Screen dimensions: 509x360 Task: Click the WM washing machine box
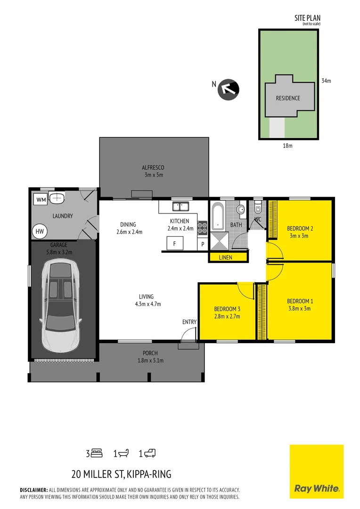(x=41, y=200)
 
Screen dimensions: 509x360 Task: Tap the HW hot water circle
(x=39, y=231)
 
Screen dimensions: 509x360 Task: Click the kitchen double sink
(x=180, y=206)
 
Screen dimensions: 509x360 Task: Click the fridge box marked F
(x=175, y=244)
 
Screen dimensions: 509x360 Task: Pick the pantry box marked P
(x=203, y=244)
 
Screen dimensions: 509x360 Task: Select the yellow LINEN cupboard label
(x=229, y=257)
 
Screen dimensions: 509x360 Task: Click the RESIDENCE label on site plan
(x=288, y=98)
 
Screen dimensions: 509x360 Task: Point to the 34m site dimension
(x=326, y=81)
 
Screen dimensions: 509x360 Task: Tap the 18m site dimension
(x=287, y=146)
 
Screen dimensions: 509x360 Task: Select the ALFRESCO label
(x=153, y=167)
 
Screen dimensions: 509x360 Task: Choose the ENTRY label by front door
(x=189, y=322)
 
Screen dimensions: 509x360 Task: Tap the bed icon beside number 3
(x=97, y=453)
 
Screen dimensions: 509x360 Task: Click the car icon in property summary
(x=150, y=453)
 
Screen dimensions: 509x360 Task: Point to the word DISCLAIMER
(x=33, y=490)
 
